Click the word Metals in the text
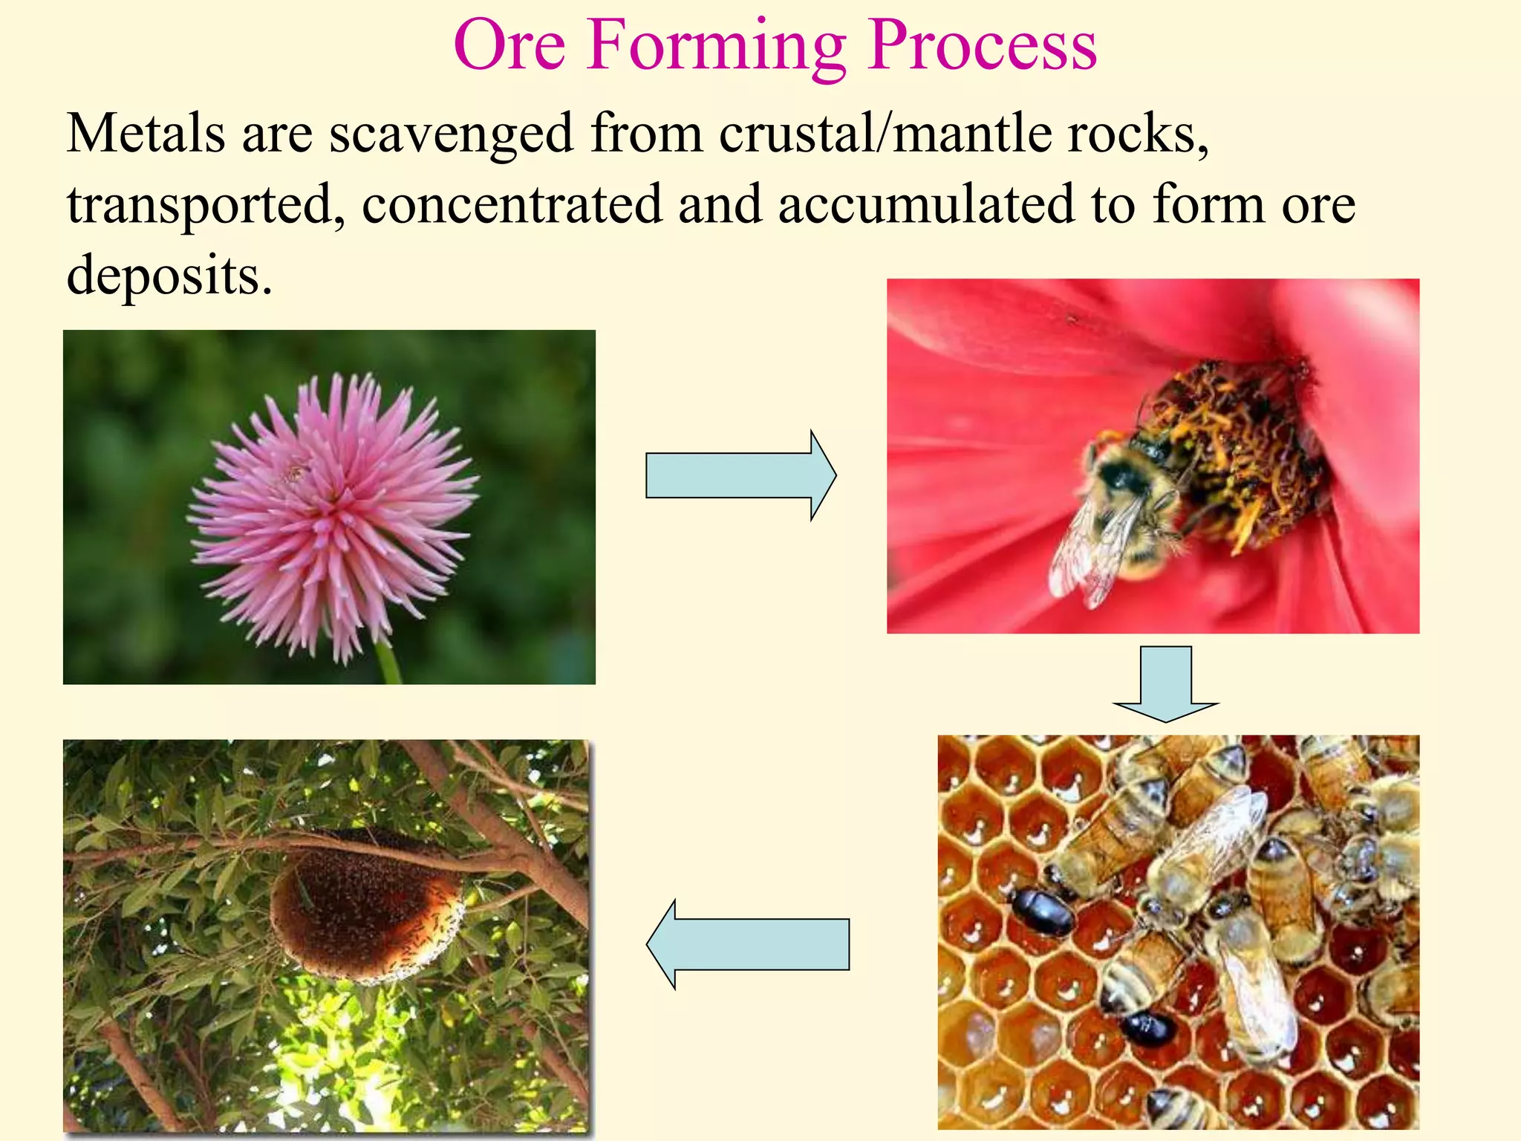point(146,134)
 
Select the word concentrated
point(512,204)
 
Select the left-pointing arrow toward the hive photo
point(748,944)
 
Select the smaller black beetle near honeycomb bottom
point(1148,1030)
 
